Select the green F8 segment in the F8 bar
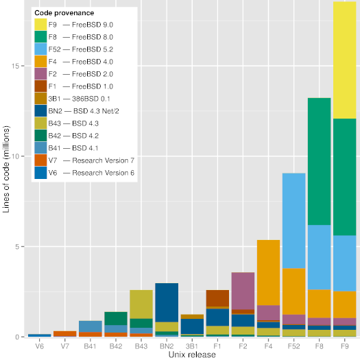(319, 161)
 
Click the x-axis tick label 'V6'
(40, 346)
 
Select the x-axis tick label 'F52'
(293, 346)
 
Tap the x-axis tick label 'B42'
(116, 346)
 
